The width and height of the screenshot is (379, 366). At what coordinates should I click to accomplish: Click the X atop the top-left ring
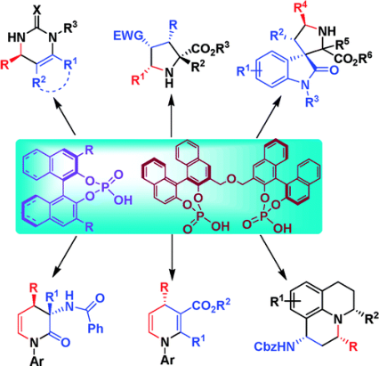(36, 11)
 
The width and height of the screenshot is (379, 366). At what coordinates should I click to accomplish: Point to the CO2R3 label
(212, 48)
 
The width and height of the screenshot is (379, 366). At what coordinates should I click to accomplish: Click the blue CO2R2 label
(212, 306)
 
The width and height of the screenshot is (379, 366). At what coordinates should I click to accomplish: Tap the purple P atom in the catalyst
(107, 188)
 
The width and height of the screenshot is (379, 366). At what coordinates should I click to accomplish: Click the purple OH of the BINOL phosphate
(123, 200)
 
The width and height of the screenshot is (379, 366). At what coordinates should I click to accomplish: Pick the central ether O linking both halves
(231, 179)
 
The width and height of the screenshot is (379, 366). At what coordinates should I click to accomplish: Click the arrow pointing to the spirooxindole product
(268, 118)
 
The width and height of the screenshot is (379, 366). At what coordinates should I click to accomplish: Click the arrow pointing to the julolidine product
(274, 257)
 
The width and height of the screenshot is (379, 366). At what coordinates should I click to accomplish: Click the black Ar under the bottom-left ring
(36, 361)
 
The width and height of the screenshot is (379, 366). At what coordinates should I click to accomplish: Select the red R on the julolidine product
(353, 346)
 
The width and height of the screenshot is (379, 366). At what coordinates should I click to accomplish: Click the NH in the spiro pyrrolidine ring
(327, 30)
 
